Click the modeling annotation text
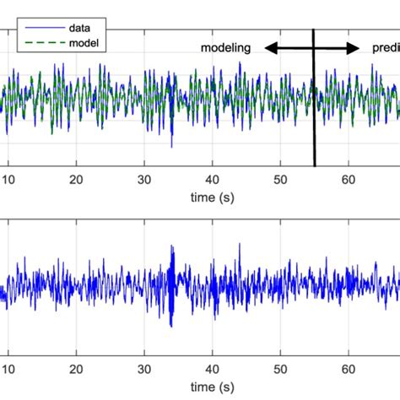pyautogui.click(x=225, y=49)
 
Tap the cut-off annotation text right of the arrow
pyautogui.click(x=386, y=49)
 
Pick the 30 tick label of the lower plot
pyautogui.click(x=144, y=370)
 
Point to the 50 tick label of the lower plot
pyautogui.click(x=280, y=370)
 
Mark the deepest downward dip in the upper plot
pyautogui.click(x=172, y=144)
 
